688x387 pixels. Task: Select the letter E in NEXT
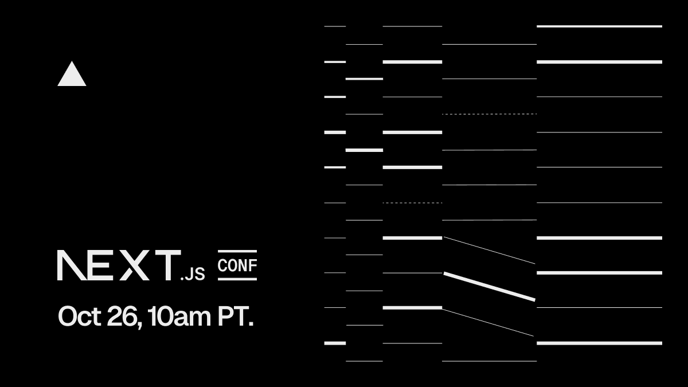tap(100, 265)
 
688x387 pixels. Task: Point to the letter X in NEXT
tap(134, 265)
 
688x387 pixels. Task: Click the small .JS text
tap(193, 274)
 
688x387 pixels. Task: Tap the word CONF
tap(237, 265)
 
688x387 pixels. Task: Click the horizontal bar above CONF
tap(237, 252)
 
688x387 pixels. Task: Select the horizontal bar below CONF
tap(237, 279)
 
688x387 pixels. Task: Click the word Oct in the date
tap(79, 316)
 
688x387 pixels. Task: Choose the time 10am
tap(179, 316)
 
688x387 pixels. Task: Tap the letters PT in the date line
tap(233, 316)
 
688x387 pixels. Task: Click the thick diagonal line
tap(489, 286)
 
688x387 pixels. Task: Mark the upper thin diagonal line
tap(489, 251)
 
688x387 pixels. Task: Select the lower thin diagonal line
tap(488, 322)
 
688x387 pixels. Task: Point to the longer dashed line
tap(489, 114)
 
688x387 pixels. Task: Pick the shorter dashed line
tap(412, 203)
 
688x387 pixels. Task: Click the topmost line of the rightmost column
tap(599, 26)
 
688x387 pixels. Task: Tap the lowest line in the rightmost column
tap(599, 343)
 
